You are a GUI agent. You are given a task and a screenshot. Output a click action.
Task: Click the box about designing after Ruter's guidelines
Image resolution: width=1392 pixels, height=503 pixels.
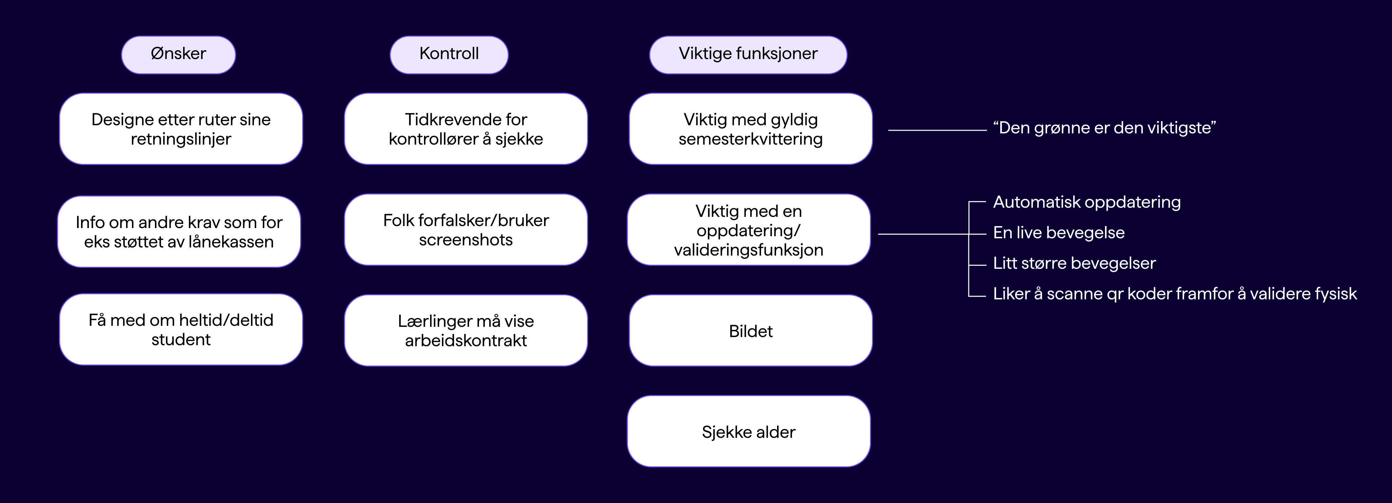pos(181,129)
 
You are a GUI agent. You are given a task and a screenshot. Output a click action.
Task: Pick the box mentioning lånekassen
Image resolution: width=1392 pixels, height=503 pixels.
pos(179,231)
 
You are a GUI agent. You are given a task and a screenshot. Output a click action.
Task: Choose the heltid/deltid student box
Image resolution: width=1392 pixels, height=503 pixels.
pos(181,329)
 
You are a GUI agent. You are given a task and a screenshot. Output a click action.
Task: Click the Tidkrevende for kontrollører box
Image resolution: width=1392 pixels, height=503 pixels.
pos(466,129)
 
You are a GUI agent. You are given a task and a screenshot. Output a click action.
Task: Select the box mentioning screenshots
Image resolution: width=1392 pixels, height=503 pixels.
pos(466,230)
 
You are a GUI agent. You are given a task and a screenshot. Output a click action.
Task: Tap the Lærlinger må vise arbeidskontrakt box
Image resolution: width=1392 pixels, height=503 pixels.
pos(466,331)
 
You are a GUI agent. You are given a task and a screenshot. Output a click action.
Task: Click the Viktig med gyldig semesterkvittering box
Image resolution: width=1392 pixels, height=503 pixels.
pos(751,129)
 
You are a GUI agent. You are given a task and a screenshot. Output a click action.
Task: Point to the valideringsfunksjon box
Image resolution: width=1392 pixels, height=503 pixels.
pos(749,230)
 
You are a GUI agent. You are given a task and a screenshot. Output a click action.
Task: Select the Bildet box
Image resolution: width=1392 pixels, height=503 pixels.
pos(751,331)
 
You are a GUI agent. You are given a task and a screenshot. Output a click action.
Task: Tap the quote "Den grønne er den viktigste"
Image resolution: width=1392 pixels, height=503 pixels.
pos(1104,128)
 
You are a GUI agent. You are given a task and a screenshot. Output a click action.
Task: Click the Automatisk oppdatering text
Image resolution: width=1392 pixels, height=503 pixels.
pos(1087,202)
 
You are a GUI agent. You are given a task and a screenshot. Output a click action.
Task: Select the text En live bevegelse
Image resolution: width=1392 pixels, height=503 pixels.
pos(1059,232)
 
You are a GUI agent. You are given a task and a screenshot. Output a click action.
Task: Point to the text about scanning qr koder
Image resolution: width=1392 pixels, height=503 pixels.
pos(1175,294)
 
